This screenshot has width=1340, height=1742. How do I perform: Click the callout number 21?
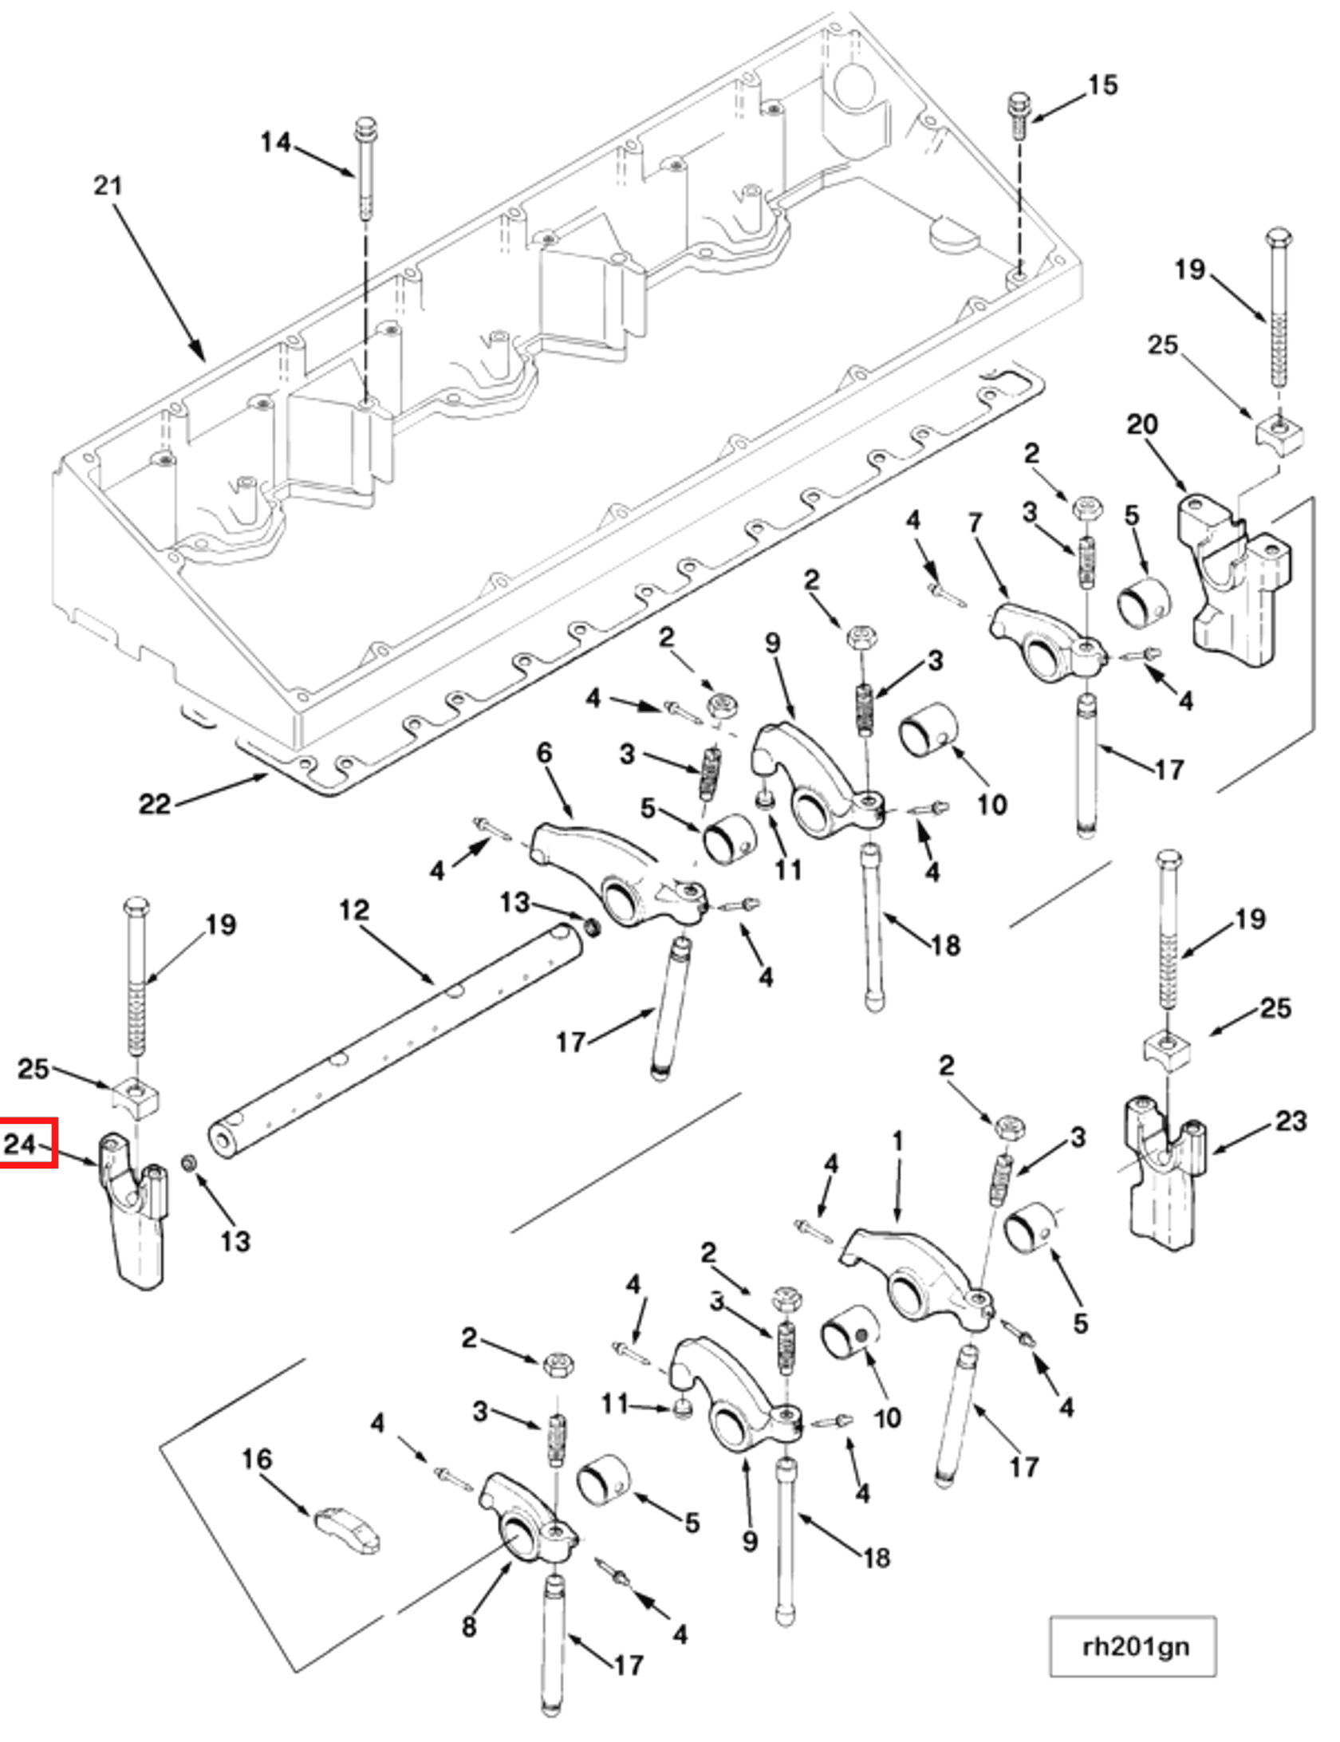tap(108, 186)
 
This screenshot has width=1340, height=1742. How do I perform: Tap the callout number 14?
tap(275, 143)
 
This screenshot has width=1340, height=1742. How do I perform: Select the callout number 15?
tap(1103, 85)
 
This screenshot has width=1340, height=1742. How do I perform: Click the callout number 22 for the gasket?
tap(155, 803)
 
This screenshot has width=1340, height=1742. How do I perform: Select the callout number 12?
tap(354, 910)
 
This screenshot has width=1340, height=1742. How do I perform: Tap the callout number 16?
tap(257, 1460)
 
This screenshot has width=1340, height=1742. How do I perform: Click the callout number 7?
tap(975, 523)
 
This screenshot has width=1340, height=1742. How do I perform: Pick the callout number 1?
tap(897, 1141)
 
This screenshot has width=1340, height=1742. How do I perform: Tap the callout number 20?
tap(1141, 424)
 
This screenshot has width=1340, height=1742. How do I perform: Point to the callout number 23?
tap(1291, 1121)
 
